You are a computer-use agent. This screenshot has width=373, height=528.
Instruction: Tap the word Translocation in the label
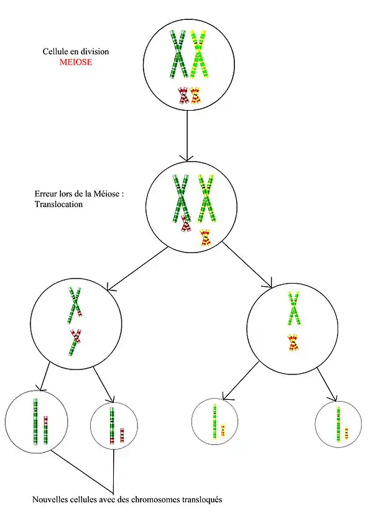point(58,203)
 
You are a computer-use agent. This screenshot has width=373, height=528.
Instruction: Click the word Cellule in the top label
point(55,51)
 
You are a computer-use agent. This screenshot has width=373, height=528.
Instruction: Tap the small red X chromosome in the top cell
point(183,95)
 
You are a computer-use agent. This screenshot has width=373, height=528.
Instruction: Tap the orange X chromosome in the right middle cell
point(293,342)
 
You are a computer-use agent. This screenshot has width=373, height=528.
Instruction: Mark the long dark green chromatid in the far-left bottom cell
point(35,422)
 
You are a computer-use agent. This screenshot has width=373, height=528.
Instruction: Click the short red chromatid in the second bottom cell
point(122,435)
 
